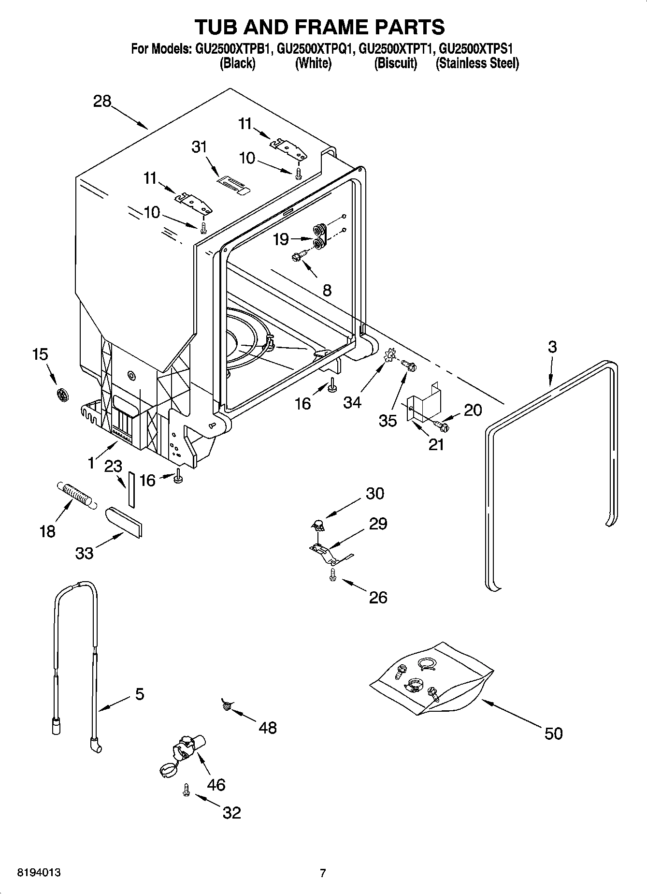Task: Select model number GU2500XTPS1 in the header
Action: click(x=476, y=49)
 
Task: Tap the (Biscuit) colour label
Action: click(x=395, y=63)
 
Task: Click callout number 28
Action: click(x=102, y=102)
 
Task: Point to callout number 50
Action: click(x=553, y=733)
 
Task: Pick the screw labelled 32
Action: click(x=186, y=789)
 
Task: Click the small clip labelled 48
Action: click(x=226, y=706)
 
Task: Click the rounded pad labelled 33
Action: click(x=124, y=522)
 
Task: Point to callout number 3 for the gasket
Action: click(x=552, y=347)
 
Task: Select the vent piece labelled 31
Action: click(x=232, y=184)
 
